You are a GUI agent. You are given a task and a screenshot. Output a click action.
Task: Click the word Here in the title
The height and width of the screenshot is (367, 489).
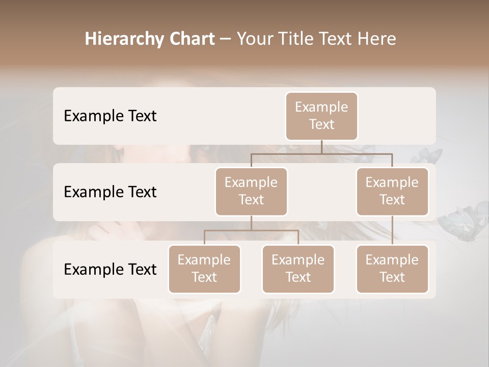coord(376,39)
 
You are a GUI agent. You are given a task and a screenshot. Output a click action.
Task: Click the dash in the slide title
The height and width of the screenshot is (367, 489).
coord(226,40)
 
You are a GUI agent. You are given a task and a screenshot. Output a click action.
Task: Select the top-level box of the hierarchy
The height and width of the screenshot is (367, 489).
coord(321,116)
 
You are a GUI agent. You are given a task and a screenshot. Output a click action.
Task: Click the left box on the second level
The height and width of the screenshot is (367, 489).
coord(251,191)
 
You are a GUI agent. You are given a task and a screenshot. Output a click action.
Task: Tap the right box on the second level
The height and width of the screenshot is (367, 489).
coord(392,191)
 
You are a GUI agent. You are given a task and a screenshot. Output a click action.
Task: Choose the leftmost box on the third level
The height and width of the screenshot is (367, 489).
coord(204,269)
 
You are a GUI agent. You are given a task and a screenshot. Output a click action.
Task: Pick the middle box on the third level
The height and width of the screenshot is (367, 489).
coord(298,269)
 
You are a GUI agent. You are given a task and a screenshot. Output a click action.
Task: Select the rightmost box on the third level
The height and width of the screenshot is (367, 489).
coord(392,269)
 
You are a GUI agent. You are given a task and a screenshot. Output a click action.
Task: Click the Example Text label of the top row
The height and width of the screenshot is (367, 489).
coord(110,116)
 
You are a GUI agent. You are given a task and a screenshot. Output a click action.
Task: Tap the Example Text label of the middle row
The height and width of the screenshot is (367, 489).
coord(110,192)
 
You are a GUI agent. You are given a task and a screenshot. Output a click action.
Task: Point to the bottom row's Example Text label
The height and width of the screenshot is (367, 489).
coord(110,269)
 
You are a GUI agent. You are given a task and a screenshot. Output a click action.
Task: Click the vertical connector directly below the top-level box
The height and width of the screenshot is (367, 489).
coord(321,147)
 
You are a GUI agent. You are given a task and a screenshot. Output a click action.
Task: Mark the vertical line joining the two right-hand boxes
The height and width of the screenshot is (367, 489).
coord(392,230)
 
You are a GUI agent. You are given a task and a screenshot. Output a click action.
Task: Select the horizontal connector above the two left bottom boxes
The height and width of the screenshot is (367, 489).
coord(251,230)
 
